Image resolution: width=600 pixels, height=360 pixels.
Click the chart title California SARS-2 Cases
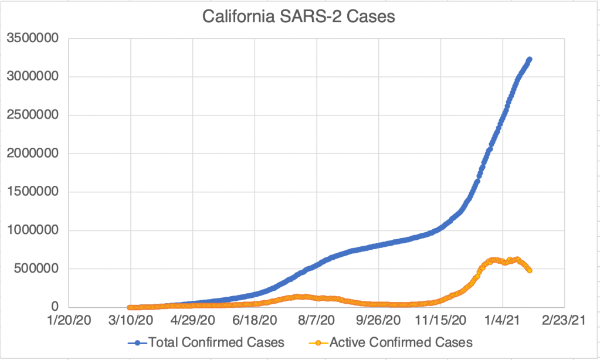[x=299, y=16]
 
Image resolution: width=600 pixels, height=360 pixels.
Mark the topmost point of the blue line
[x=530, y=59]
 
